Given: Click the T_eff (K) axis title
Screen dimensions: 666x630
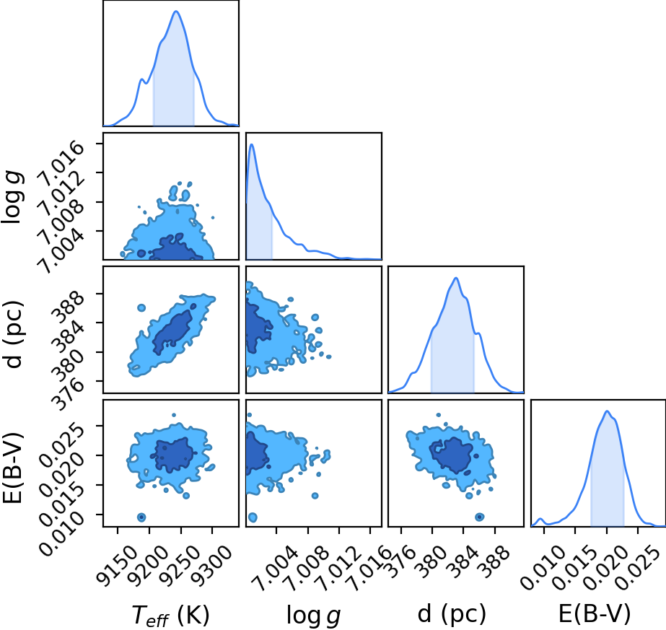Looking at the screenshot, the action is pos(171,615).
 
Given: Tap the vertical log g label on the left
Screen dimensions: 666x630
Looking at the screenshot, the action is pos(13,197).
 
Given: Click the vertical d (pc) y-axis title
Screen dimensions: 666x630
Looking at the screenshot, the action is pos(13,335).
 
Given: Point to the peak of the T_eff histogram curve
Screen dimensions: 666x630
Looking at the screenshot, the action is pos(176,12).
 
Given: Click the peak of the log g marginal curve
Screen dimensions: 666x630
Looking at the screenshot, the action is pos(252,145).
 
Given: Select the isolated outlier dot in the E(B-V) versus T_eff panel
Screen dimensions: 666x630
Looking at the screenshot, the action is pos(141,517).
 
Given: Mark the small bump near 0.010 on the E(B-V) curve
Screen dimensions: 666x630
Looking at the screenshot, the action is pos(540,519).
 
